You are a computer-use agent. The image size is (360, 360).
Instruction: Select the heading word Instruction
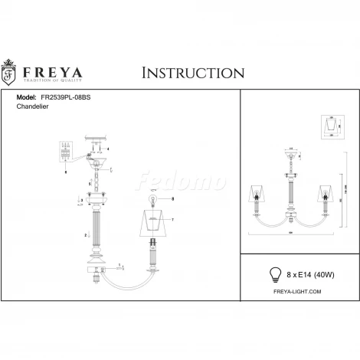(x=193, y=73)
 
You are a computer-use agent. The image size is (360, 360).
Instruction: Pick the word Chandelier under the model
(x=33, y=109)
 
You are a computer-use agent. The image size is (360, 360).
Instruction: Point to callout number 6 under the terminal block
(x=67, y=174)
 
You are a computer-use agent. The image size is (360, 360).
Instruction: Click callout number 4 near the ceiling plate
(x=109, y=147)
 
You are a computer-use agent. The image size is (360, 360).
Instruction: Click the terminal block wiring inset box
(x=67, y=153)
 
